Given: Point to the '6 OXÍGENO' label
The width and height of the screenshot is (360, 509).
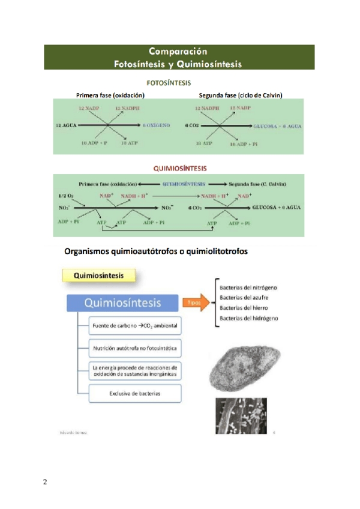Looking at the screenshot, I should [x=157, y=125].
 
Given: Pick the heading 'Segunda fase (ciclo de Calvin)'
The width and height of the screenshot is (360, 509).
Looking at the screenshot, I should [x=241, y=95].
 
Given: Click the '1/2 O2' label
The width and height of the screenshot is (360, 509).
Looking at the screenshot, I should [x=67, y=196].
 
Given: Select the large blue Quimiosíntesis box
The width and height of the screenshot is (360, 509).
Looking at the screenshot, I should [x=122, y=303].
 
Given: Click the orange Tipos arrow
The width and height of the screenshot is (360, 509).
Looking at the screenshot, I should [x=194, y=303].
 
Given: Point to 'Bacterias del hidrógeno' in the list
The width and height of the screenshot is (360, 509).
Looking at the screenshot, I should [x=248, y=318].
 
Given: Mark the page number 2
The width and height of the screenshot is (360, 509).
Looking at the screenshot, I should [x=44, y=482].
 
